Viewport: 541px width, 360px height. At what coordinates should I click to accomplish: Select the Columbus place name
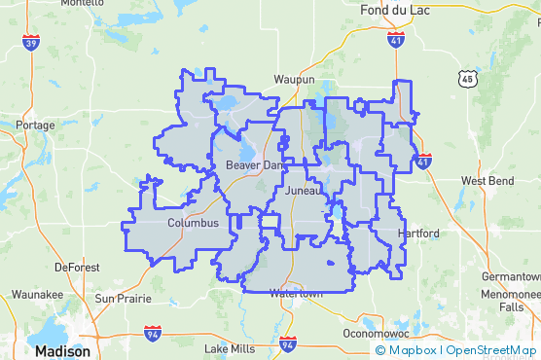click(193, 223)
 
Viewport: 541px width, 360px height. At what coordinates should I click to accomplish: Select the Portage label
click(36, 125)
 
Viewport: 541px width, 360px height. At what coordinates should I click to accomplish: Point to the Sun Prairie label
click(121, 298)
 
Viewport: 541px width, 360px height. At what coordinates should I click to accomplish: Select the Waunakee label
click(37, 294)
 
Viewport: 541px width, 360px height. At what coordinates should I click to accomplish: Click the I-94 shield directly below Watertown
click(286, 344)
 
